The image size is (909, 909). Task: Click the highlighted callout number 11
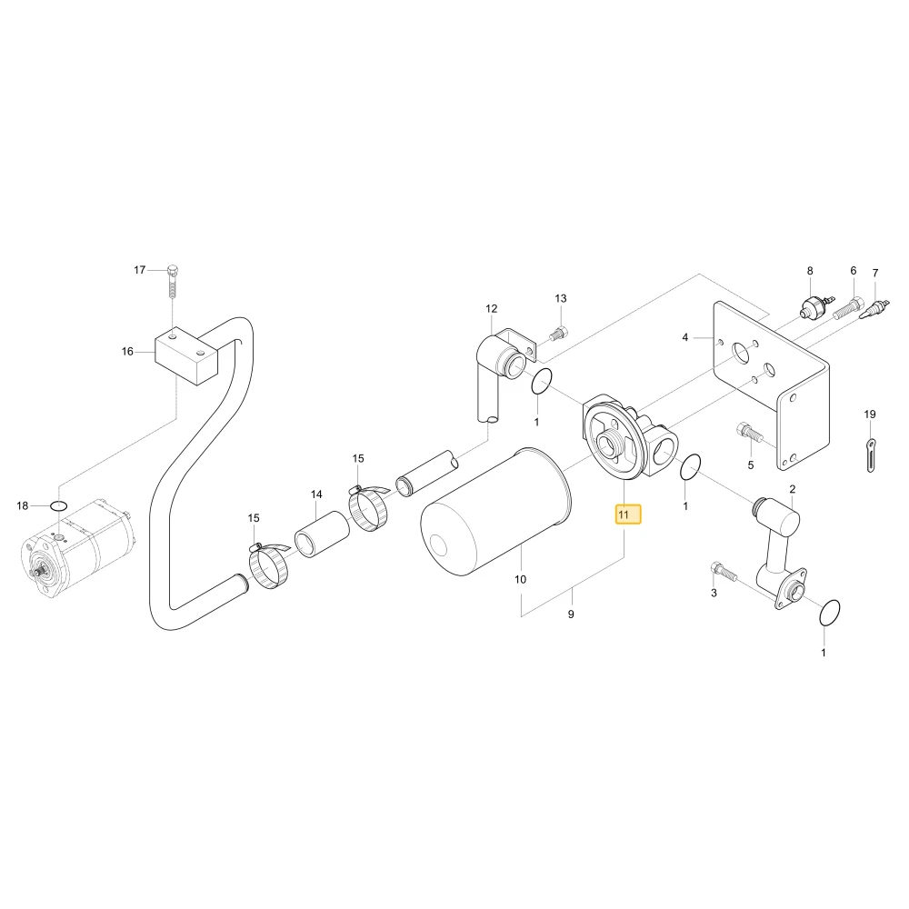[x=624, y=514]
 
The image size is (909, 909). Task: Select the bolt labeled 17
[x=173, y=283]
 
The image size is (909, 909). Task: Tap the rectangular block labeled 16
[x=185, y=355]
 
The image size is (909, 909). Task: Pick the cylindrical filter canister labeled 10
[x=495, y=511]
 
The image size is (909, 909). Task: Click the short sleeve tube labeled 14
[x=323, y=534]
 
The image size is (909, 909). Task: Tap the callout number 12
[x=492, y=309]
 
